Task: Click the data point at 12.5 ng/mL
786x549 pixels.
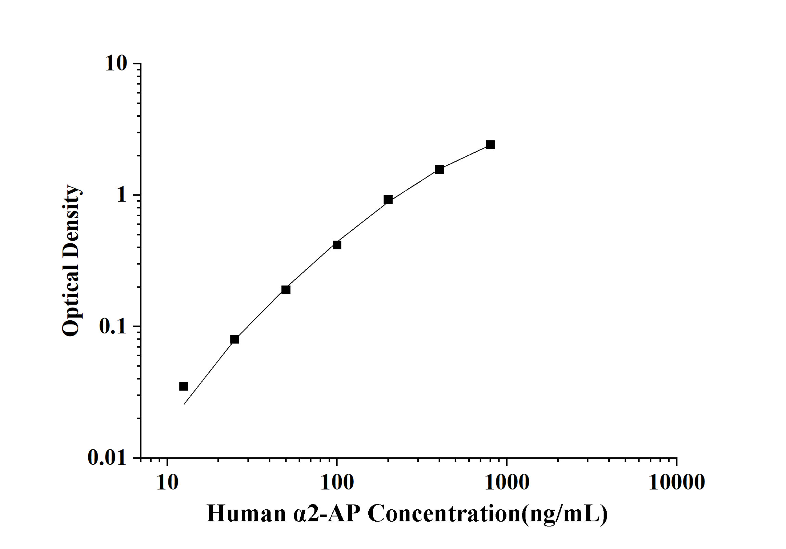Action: coord(184,386)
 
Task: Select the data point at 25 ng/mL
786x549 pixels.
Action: coord(234,339)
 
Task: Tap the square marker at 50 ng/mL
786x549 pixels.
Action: coord(286,290)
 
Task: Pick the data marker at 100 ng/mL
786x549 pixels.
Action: coord(337,245)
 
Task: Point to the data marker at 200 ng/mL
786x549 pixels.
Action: coord(388,200)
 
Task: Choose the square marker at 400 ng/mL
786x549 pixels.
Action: coord(439,169)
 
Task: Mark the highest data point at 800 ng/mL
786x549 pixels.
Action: coord(490,145)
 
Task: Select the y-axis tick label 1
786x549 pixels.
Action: coord(122,195)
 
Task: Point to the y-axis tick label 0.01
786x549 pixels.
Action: coord(107,457)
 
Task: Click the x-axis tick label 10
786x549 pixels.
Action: coord(167,483)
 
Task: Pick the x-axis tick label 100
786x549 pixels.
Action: coord(337,483)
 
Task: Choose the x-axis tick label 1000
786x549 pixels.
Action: coord(507,483)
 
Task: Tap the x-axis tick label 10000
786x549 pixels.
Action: coord(676,483)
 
